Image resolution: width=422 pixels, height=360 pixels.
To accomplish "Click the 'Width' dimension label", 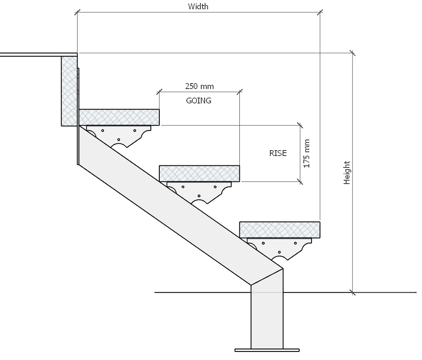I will pos(198,6).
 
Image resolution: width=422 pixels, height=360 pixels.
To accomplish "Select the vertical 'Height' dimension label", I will pos(347,173).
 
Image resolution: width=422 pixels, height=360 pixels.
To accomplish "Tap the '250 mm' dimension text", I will pos(199,87).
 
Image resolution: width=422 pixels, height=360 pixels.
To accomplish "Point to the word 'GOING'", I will pos(199,101).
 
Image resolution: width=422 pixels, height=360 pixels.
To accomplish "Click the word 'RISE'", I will pos(278,153).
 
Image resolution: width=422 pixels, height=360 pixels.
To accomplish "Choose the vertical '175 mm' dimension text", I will pos(307,153).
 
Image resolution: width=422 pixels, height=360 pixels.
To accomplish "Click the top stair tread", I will pos(119,117).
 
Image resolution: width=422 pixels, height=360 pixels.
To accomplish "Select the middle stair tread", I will pos(199,173).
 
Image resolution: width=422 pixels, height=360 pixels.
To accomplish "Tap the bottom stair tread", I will pos(280,229).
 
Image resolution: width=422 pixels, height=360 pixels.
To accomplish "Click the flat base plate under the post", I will pos(267,350).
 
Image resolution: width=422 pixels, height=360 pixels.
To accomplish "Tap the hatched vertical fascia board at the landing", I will pos(69,91).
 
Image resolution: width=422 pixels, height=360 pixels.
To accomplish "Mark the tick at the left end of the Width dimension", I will pos(77,12).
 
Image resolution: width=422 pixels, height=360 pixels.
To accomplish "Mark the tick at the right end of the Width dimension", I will pos(320,12).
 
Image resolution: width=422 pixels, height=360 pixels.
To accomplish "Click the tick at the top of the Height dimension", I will pos(352,53).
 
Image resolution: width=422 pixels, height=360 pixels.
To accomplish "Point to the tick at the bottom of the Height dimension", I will pos(352,292).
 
